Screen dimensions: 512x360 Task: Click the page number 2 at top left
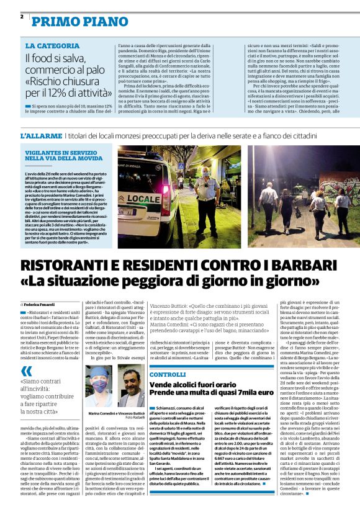(22, 17)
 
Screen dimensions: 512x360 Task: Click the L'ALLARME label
(40, 135)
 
